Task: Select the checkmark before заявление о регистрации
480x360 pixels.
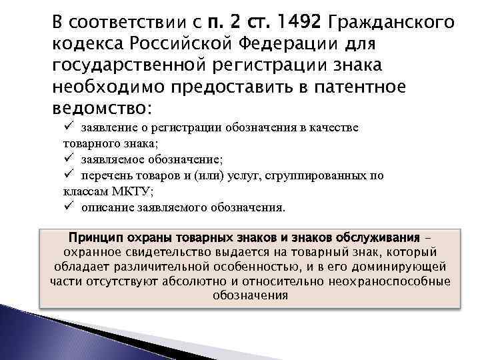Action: click(x=69, y=127)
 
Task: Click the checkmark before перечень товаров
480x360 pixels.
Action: click(x=69, y=175)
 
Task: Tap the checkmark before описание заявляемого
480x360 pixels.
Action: click(x=69, y=207)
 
